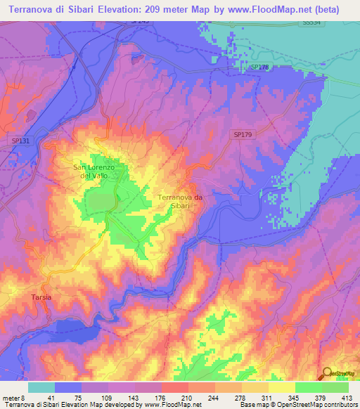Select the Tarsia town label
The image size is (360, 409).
tap(41, 298)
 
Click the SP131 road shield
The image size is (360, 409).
tap(21, 141)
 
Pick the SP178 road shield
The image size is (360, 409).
tap(260, 67)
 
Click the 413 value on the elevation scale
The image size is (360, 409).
tap(347, 396)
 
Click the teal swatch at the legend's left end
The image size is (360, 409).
tap(41, 387)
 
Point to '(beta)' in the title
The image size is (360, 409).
tap(324, 10)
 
